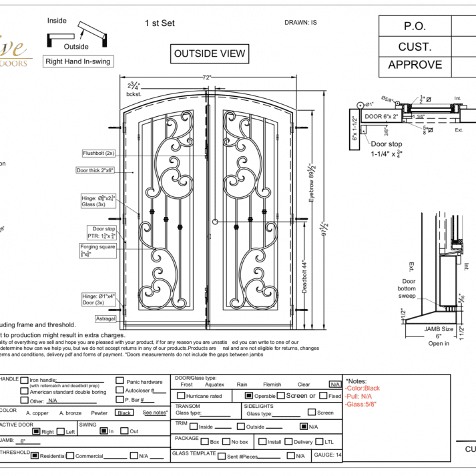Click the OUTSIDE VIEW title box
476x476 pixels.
pos(210,54)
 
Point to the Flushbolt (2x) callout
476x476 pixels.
pos(99,153)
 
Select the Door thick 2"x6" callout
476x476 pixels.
pos(95,170)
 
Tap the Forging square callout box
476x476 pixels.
pos(98,250)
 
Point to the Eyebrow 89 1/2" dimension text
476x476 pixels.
pos(311,182)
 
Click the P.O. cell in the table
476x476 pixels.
pos(415,27)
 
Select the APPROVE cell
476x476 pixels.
pos(415,65)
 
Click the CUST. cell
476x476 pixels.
pos(415,47)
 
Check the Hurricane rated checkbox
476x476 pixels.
pos(180,396)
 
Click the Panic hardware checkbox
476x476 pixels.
pos(120,381)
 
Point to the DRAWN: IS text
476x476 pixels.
pos(300,23)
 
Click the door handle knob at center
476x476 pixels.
pos(215,221)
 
